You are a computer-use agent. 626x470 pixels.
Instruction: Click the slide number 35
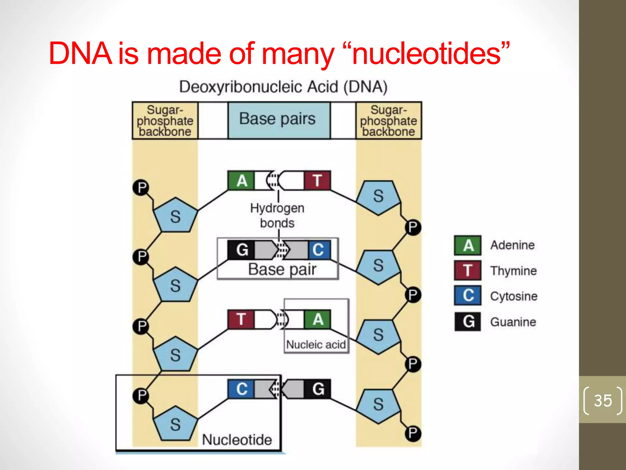point(603,401)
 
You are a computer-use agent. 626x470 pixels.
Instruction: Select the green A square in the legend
point(468,245)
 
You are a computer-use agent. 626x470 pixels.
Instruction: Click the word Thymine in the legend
point(513,271)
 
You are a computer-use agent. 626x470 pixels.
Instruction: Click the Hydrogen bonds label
point(277,215)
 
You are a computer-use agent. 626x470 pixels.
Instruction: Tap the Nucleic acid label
point(316,345)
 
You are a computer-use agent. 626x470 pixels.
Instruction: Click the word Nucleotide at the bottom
point(237,440)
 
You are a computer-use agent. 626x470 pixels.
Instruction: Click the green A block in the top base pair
point(241,181)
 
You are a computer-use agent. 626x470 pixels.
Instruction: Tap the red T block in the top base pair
point(318,181)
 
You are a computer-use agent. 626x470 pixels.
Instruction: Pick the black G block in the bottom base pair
point(318,389)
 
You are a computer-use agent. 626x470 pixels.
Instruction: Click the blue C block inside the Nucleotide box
point(241,389)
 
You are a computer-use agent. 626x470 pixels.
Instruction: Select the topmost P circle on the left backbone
point(141,187)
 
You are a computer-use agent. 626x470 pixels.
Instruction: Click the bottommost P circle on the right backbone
point(413,433)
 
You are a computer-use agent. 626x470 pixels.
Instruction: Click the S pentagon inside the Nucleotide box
point(175,424)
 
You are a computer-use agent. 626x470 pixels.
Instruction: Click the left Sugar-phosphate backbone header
point(165,121)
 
